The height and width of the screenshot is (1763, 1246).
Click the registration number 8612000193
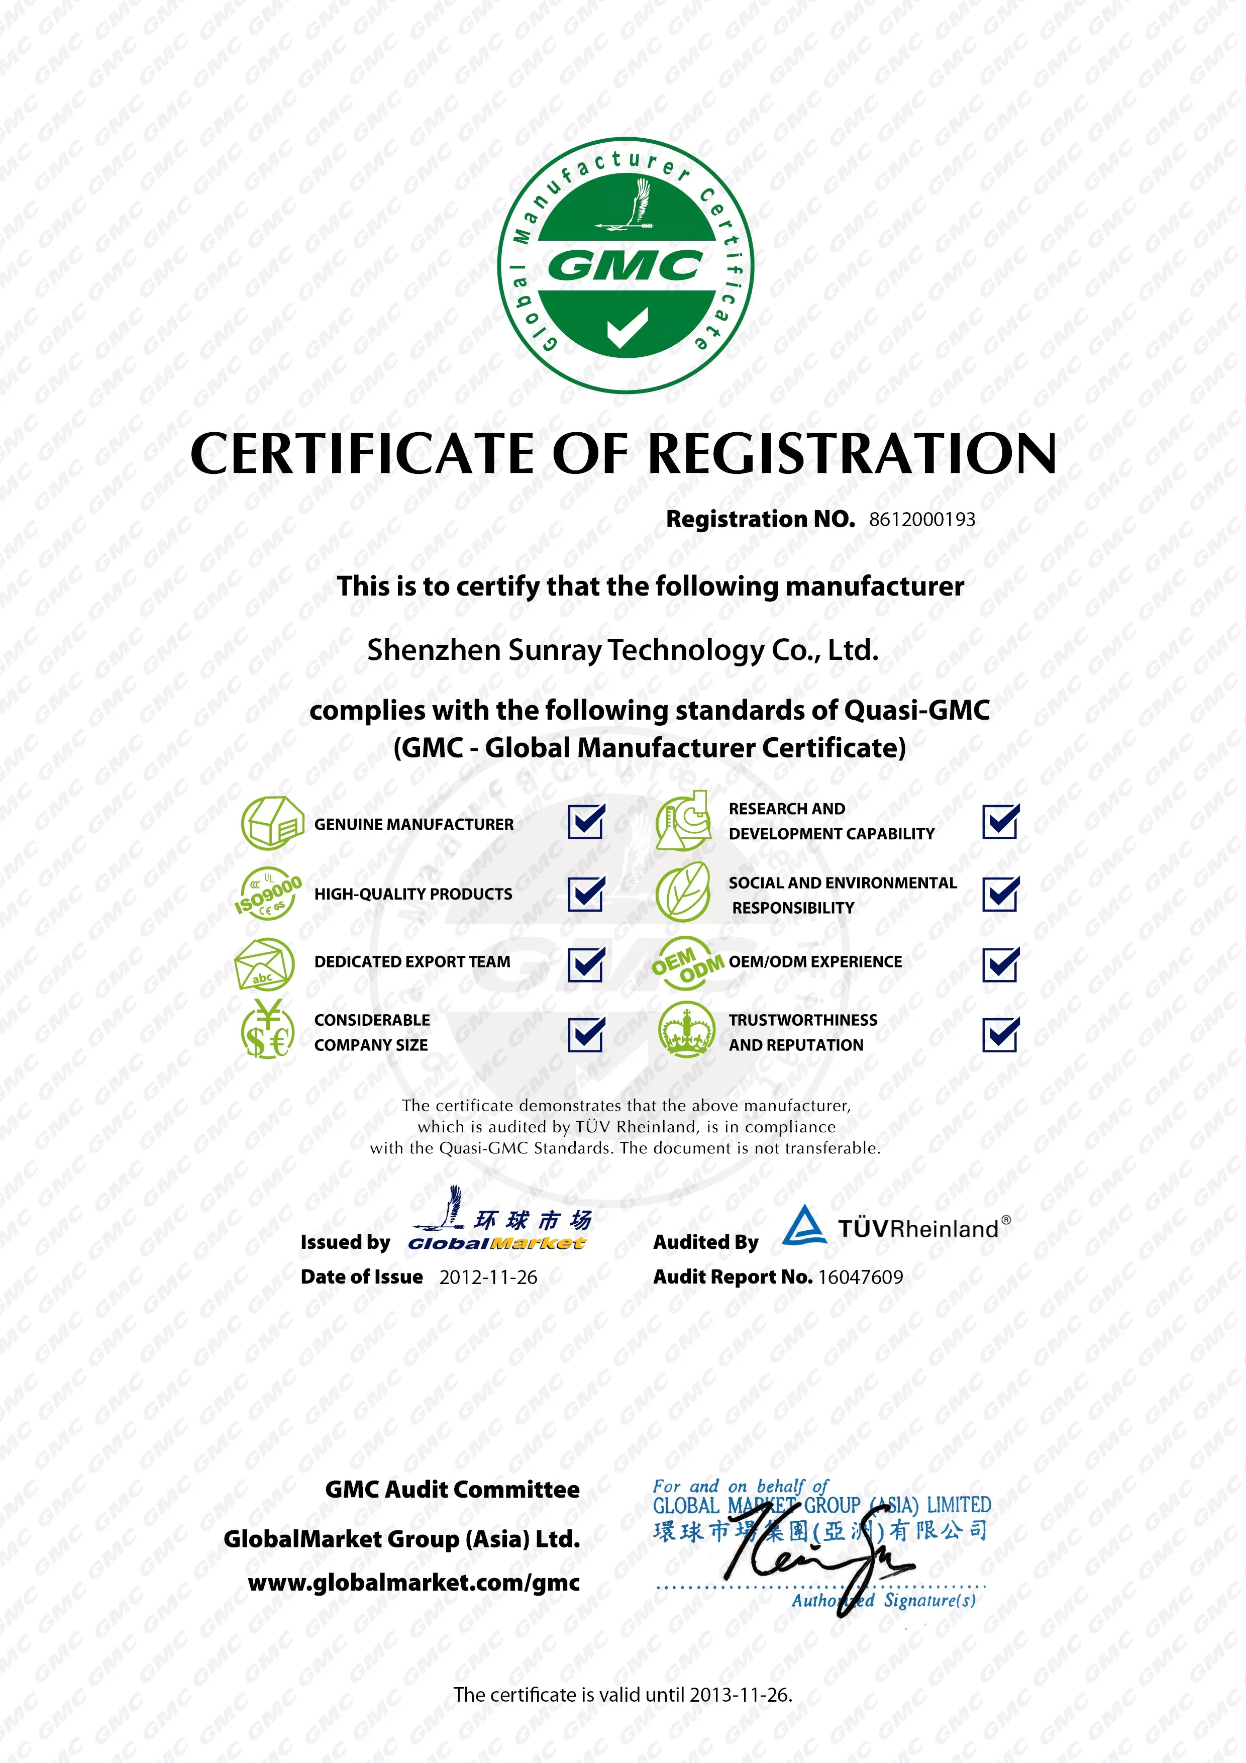tap(921, 520)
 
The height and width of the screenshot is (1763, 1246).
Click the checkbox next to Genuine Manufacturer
tap(586, 822)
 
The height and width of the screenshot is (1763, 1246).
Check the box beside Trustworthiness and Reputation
tap(1000, 1034)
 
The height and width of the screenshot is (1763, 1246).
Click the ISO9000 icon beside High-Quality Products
tap(267, 894)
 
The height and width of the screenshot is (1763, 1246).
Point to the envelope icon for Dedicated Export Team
tap(264, 964)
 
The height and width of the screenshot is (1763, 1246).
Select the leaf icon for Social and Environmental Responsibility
tap(682, 892)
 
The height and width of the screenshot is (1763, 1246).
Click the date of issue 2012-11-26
tap(488, 1278)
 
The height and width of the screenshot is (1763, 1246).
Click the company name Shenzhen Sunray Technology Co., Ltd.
tap(622, 650)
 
